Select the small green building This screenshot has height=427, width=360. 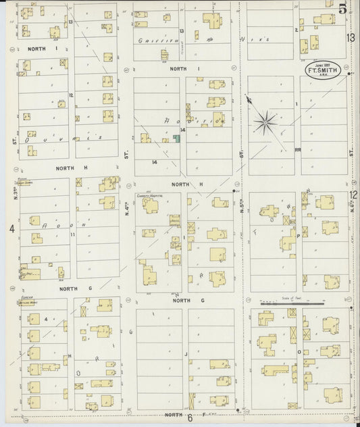[176, 139]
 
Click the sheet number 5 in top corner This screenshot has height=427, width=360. [343, 9]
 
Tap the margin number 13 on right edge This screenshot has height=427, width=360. [352, 38]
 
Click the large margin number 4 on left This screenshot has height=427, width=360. [11, 229]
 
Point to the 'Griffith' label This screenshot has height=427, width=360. [153, 41]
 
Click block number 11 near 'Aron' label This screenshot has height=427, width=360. [72, 233]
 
